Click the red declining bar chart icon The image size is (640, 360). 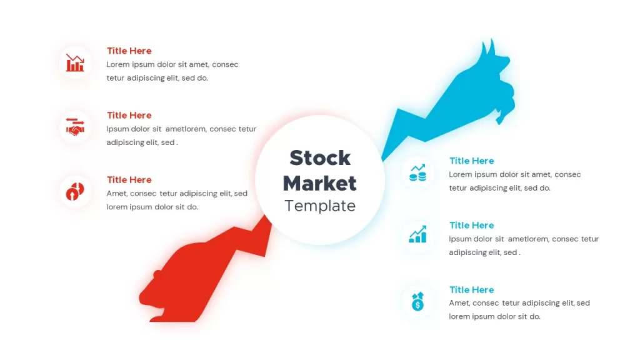coord(75,63)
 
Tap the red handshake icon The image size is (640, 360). coord(75,127)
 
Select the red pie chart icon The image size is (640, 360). coord(75,191)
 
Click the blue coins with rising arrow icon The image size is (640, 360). coord(417,172)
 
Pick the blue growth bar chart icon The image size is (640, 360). coord(417,234)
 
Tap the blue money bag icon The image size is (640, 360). coord(417,301)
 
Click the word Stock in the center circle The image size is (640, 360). coord(320,158)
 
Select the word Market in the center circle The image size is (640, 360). coord(320,183)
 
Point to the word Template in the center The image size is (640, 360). coord(320,206)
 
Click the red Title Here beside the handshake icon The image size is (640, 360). coord(129,115)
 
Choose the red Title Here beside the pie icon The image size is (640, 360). coord(129,179)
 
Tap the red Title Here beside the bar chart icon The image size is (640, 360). coord(129,51)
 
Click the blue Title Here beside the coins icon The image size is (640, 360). coord(471,161)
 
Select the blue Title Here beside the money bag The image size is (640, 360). coord(471,290)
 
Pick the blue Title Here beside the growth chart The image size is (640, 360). coord(471,225)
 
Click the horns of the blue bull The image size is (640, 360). coord(488,47)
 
